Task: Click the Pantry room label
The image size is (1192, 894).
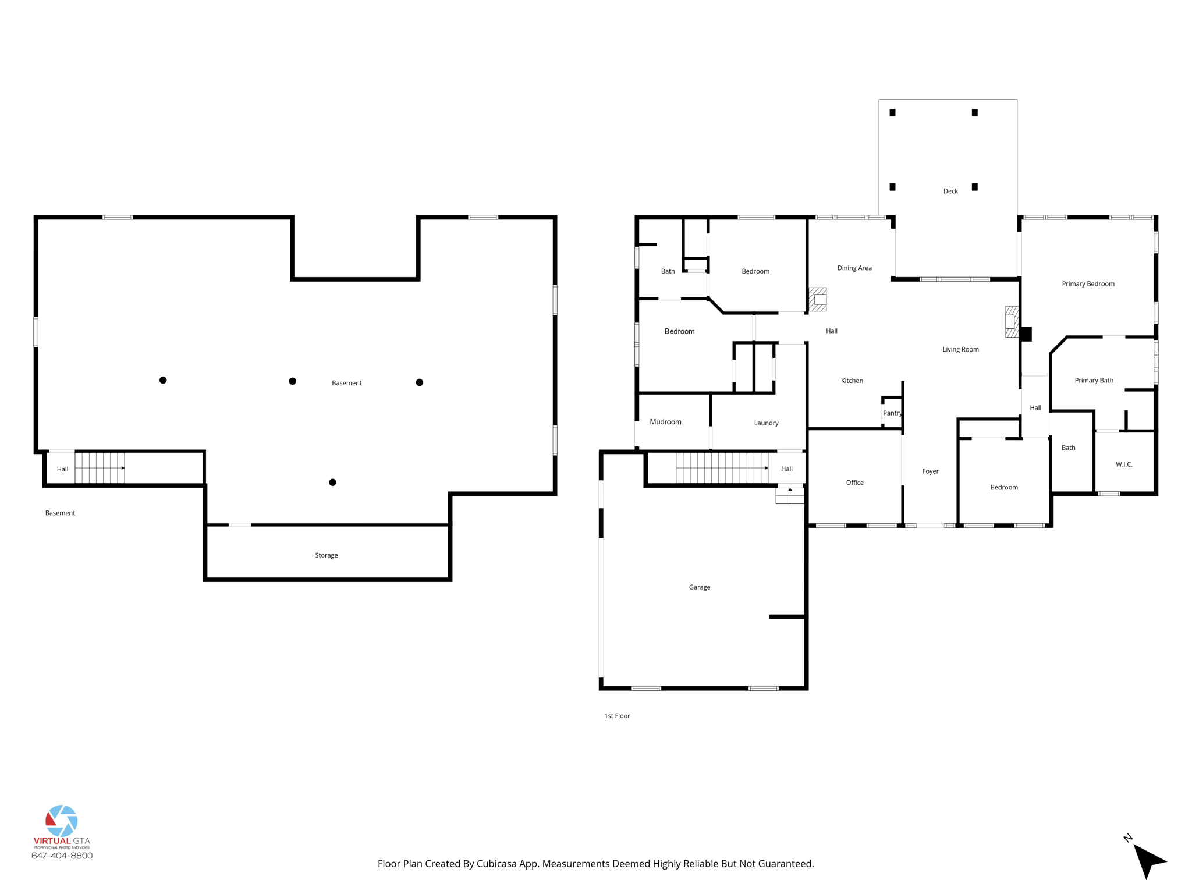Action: [892, 413]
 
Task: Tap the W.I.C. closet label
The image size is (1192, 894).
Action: [1124, 464]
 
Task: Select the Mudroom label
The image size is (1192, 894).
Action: [665, 422]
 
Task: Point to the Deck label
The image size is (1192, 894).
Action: [950, 191]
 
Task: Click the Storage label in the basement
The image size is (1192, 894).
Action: [326, 555]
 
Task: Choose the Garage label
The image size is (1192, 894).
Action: [699, 587]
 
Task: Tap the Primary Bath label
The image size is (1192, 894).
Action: [1094, 381]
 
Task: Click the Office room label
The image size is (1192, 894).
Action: [854, 483]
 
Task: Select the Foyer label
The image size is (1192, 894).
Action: [930, 471]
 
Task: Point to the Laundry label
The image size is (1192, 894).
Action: [766, 423]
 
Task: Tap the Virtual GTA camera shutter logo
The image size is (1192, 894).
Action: [62, 821]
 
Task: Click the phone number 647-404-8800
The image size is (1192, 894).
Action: [62, 856]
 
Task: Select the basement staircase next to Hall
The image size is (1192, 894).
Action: [100, 468]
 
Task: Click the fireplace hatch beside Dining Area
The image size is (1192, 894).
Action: [818, 300]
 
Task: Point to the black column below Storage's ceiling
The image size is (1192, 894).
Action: [332, 483]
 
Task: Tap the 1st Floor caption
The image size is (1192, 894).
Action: [617, 716]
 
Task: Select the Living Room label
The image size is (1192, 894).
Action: [960, 350]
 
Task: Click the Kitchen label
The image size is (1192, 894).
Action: [852, 381]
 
